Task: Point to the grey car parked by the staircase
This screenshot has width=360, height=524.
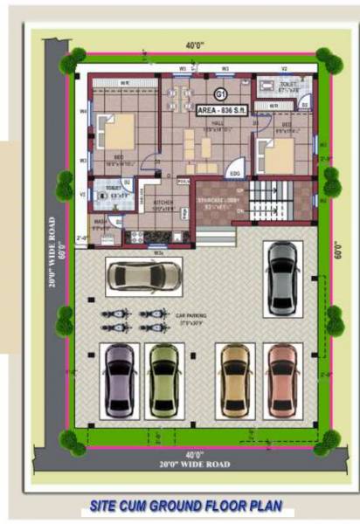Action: click(x=282, y=278)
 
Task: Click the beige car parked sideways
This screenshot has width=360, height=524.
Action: click(x=144, y=277)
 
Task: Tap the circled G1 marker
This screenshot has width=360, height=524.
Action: click(x=220, y=93)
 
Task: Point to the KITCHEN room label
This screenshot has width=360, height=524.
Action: click(x=163, y=205)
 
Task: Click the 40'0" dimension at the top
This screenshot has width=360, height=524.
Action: click(x=194, y=45)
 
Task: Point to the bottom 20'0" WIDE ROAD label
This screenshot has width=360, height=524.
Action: click(x=194, y=465)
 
